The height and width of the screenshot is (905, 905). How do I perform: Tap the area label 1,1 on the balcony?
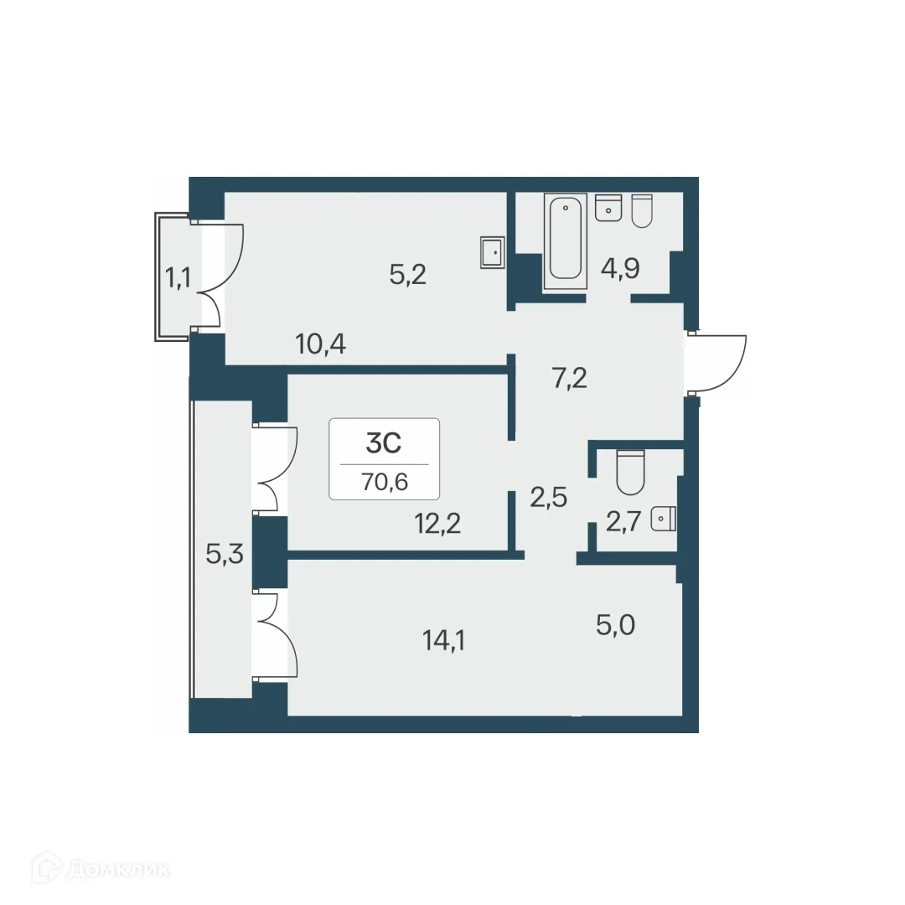click(x=178, y=277)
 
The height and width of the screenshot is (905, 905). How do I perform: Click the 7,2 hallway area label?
click(x=569, y=378)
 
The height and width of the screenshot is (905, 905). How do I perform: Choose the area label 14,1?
click(x=445, y=641)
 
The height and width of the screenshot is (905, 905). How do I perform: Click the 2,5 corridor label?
click(x=550, y=498)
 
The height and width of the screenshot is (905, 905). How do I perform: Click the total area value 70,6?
click(x=385, y=482)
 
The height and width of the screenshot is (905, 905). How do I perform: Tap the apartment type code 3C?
click(x=385, y=443)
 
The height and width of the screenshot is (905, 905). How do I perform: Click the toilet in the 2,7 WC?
click(x=629, y=473)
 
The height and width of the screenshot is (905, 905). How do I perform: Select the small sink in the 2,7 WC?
click(x=665, y=520)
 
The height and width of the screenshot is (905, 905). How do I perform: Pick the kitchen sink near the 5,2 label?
click(x=492, y=252)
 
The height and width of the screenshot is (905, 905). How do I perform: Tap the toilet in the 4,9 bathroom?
click(x=641, y=211)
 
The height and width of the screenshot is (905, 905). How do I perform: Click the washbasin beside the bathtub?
click(x=608, y=208)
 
